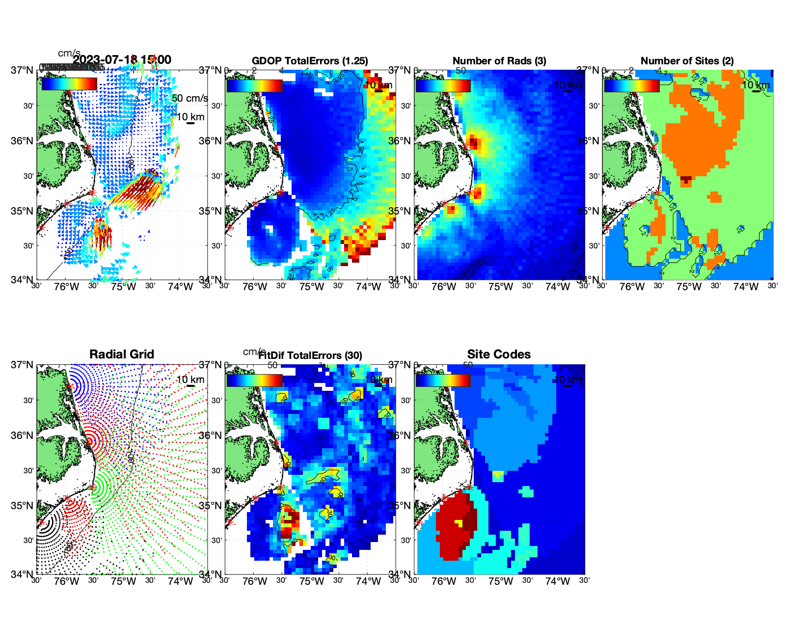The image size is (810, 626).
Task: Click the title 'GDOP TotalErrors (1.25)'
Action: pos(310,61)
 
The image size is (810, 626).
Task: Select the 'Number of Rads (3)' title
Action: pos(499,61)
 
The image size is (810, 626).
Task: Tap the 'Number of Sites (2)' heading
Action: pos(687,61)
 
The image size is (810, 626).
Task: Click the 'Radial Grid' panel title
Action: pos(122,354)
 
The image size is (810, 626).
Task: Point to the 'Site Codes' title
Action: pos(499,354)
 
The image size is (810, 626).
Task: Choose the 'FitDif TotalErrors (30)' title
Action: pos(311,355)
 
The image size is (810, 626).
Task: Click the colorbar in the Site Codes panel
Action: pos(443,381)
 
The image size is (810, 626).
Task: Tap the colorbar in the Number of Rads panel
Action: pos(443,85)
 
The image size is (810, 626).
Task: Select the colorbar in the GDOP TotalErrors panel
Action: pos(254,85)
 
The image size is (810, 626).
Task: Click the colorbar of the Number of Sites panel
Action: pos(631,85)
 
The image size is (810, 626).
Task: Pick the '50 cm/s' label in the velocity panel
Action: pos(190,98)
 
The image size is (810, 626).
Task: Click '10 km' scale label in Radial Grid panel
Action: pos(190,380)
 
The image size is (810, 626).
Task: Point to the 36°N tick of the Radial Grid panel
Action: pos(23,435)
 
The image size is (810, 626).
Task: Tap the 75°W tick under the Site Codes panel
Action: pos(501,582)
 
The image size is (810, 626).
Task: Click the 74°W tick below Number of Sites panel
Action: pos(746,287)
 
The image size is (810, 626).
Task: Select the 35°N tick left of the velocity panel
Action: pos(23,211)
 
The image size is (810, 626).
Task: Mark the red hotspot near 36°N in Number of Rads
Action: pos(473,143)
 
